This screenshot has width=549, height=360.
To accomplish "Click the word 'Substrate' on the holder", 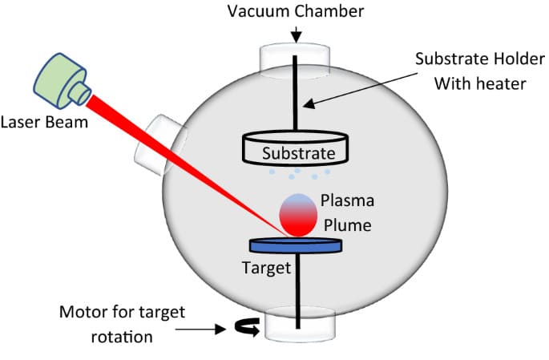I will click(296, 151).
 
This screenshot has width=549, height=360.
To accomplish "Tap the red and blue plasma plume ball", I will click(297, 214).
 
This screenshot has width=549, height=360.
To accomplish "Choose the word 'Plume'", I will click(347, 225).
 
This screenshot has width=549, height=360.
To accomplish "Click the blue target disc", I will click(297, 244).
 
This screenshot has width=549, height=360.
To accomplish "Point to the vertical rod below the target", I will click(297, 289).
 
